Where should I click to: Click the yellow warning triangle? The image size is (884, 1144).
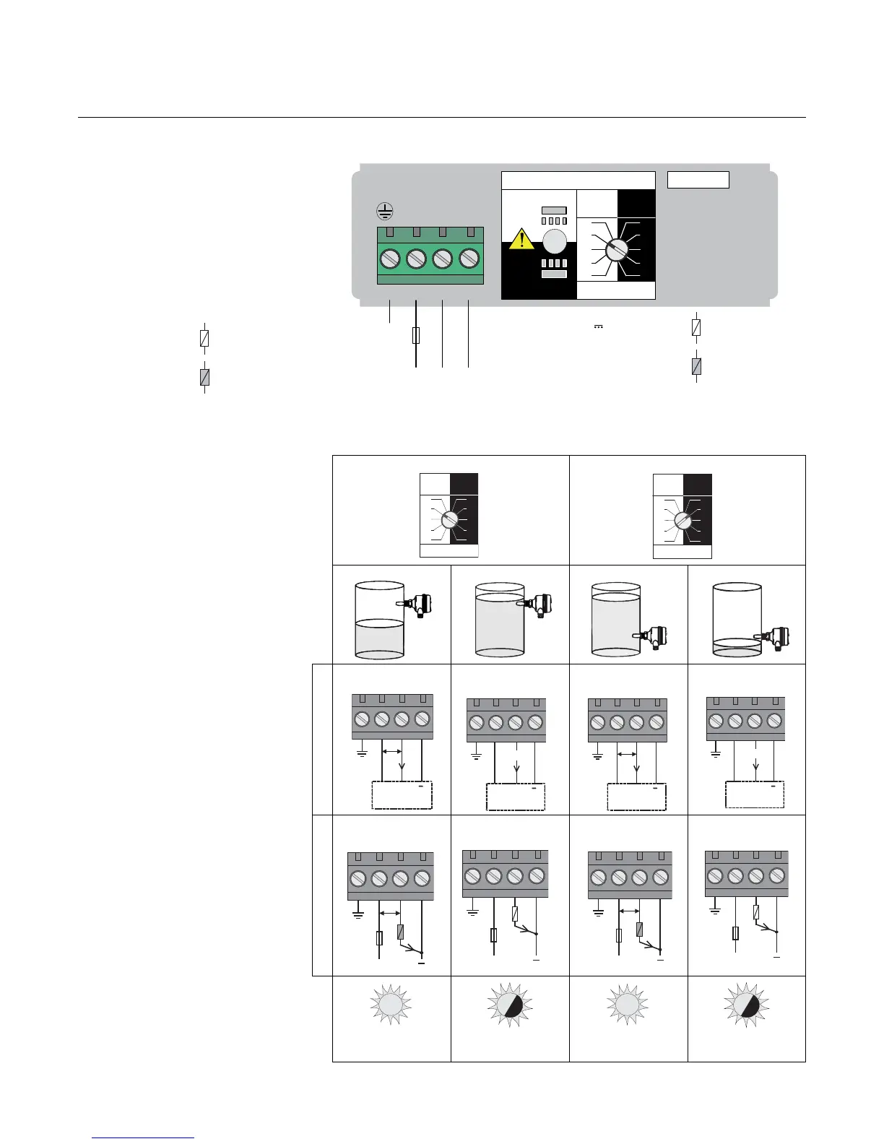(x=521, y=238)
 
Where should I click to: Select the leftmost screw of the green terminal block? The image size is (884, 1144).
(x=390, y=258)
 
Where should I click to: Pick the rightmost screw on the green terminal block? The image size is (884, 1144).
(x=469, y=258)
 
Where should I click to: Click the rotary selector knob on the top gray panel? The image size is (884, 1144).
(x=616, y=249)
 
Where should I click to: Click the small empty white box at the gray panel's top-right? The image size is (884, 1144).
(x=698, y=180)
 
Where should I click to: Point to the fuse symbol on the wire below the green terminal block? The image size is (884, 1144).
(x=416, y=336)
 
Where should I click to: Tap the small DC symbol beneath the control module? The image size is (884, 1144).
(x=598, y=326)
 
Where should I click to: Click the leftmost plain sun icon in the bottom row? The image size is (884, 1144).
(x=390, y=1005)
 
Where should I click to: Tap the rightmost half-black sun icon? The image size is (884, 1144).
(x=747, y=1005)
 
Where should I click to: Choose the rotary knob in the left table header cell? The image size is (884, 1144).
(x=449, y=520)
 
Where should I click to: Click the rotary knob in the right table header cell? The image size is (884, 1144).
(x=682, y=520)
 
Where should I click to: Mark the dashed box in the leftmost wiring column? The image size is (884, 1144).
(x=401, y=794)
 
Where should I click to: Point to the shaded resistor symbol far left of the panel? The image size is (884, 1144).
(x=205, y=377)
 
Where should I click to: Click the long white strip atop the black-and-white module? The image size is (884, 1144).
(x=578, y=181)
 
